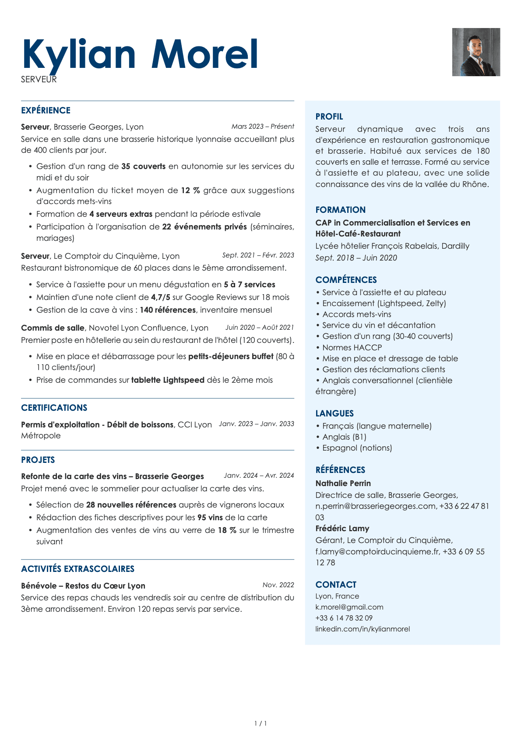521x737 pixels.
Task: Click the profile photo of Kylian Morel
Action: (476, 52)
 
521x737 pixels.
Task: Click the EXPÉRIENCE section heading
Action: (46, 110)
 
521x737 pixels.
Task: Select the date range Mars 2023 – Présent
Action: (263, 127)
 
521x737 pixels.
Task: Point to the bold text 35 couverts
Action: (143, 166)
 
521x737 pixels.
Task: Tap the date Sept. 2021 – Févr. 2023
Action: (258, 255)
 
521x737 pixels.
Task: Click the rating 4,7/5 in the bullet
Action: (160, 297)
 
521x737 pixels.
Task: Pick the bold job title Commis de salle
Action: (53, 328)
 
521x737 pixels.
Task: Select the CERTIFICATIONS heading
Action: (54, 408)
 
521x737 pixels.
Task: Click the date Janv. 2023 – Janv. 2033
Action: (256, 424)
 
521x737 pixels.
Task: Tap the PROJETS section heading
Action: (38, 460)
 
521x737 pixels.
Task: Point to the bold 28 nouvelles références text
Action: (131, 505)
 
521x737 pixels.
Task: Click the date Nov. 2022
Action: (278, 585)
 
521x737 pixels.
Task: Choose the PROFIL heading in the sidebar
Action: (329, 116)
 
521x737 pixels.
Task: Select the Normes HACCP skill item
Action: (352, 348)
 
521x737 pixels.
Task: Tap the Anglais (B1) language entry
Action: (344, 437)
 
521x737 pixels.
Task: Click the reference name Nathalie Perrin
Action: (343, 483)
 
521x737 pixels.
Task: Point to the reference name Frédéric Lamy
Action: (342, 529)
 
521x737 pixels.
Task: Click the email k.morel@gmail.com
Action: (349, 607)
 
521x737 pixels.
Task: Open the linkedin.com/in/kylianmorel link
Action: (363, 629)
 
